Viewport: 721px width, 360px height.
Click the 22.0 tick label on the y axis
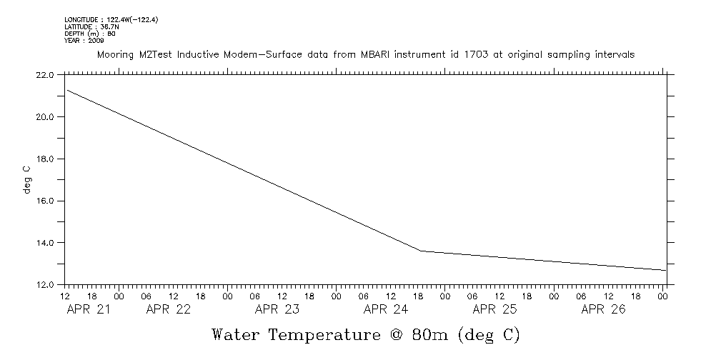(x=44, y=74)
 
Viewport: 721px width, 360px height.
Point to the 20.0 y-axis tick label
(x=44, y=116)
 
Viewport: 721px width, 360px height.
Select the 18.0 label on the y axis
(x=44, y=159)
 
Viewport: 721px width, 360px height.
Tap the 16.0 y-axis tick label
(x=44, y=201)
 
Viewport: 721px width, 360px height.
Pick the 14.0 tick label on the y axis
(x=44, y=243)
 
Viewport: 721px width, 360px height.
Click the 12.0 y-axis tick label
(x=44, y=285)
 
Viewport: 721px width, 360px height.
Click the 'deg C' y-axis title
(x=26, y=179)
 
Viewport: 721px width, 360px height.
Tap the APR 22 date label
(x=169, y=309)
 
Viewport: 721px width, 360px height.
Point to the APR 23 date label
(x=277, y=309)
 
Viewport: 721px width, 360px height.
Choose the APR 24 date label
(x=386, y=309)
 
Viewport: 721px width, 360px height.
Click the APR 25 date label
(x=494, y=309)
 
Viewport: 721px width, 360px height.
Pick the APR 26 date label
(x=603, y=309)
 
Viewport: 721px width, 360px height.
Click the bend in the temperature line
(x=422, y=251)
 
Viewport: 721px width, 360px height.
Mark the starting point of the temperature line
(x=66, y=90)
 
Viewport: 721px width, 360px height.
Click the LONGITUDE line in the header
(x=111, y=20)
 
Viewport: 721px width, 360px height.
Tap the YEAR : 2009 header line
(x=84, y=41)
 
